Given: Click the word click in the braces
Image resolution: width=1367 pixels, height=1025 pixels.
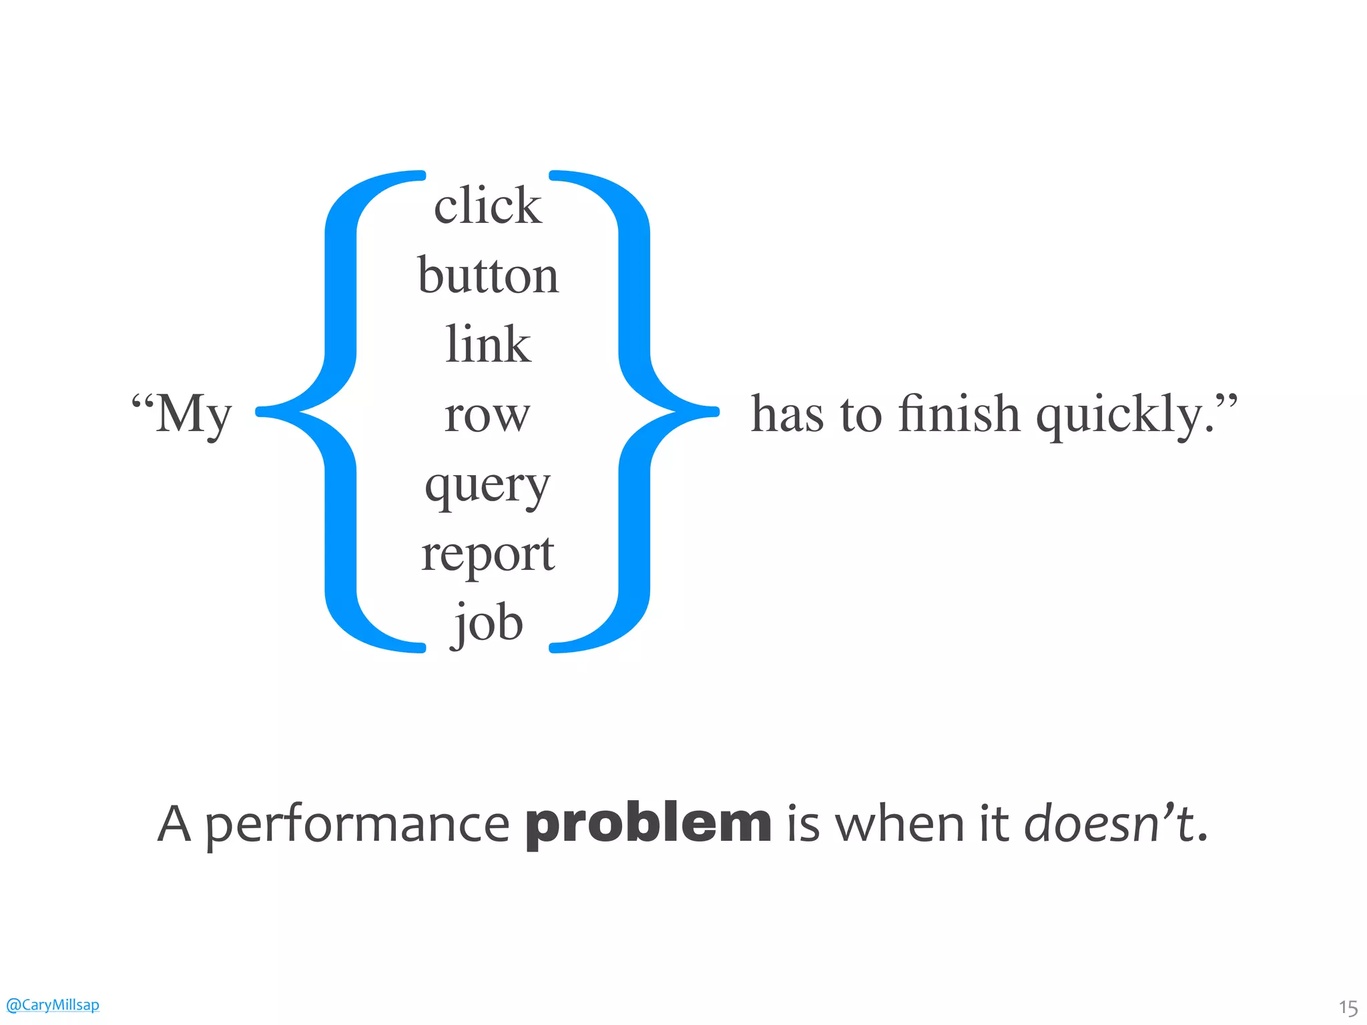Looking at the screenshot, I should click(488, 206).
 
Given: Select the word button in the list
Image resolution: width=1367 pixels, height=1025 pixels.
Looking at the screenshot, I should click(488, 275).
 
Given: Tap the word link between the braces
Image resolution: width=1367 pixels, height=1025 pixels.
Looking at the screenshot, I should click(488, 344).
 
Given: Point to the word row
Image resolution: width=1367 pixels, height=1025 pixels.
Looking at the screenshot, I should click(487, 416).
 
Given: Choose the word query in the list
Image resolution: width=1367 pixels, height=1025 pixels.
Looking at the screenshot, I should click(487, 486).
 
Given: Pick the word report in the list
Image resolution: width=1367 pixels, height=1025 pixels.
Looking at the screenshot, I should click(487, 555).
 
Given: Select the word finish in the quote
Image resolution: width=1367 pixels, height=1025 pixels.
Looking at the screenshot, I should click(959, 414).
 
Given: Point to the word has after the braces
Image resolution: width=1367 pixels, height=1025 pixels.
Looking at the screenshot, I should click(787, 414).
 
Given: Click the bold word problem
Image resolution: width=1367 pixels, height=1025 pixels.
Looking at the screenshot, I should click(648, 824).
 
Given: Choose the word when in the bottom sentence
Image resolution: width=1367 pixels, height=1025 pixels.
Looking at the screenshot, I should click(902, 823).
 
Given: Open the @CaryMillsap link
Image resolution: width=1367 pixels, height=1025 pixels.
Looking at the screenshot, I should click(52, 1004).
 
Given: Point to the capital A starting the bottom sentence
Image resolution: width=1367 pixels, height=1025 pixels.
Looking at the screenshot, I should click(174, 823).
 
